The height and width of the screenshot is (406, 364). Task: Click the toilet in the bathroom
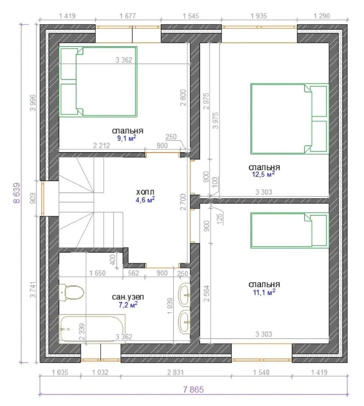tap(71, 292)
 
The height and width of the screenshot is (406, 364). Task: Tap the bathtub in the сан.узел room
tap(92, 328)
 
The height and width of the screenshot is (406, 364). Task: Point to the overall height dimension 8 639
tap(17, 193)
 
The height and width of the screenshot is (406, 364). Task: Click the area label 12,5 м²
tap(263, 174)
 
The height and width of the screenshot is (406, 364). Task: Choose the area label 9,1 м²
tap(127, 138)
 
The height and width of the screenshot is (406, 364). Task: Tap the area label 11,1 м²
tap(264, 292)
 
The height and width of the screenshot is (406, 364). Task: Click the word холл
tap(145, 192)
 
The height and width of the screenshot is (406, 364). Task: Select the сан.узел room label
tap(128, 297)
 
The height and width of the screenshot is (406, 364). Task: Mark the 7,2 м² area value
tap(128, 304)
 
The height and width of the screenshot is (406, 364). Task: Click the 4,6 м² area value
tap(145, 200)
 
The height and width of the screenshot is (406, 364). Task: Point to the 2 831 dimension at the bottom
tap(175, 372)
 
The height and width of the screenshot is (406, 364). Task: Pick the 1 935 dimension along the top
tap(259, 16)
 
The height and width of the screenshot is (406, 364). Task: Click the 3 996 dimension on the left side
tap(33, 103)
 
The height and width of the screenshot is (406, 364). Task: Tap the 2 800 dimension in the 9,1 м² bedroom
tap(183, 97)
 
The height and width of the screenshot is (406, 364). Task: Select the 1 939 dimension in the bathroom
tap(170, 306)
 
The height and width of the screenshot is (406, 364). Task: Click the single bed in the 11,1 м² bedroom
tap(290, 230)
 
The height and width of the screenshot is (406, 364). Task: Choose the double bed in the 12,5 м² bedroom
tap(290, 118)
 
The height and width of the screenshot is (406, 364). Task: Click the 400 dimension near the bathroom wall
tap(113, 259)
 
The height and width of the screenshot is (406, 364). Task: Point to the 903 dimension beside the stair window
tap(33, 198)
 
